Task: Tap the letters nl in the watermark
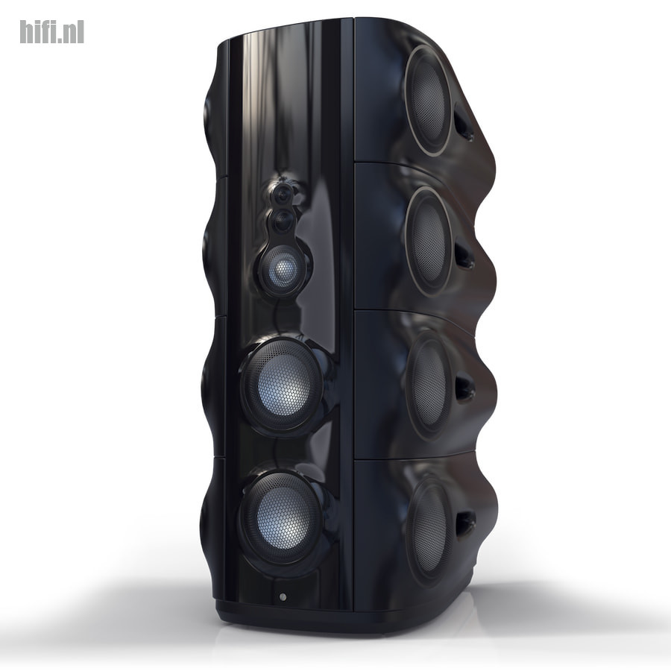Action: pyautogui.click(x=74, y=33)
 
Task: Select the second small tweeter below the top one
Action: pyautogui.click(x=283, y=221)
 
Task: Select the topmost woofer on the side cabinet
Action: pyautogui.click(x=429, y=101)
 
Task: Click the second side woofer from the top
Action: pyautogui.click(x=429, y=241)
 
